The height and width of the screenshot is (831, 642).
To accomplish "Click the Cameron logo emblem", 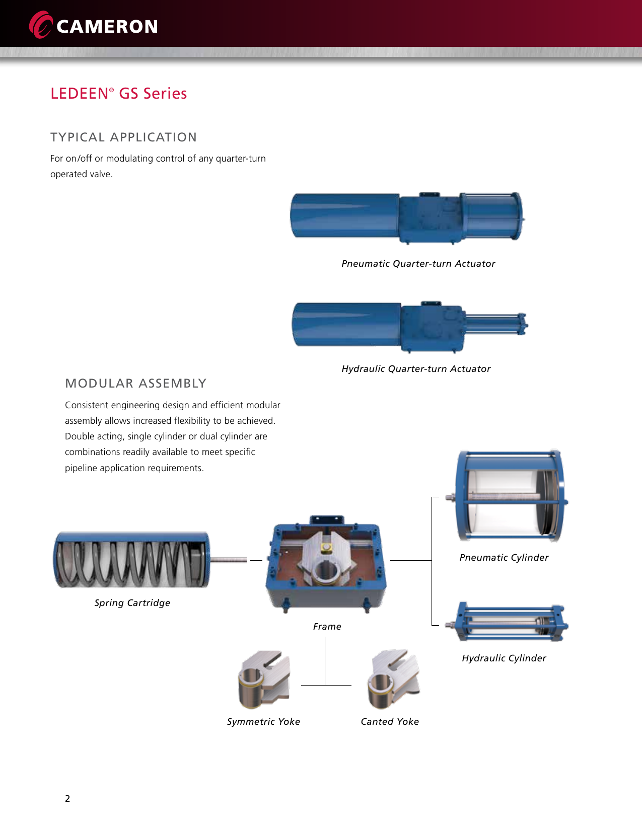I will click(x=41, y=25).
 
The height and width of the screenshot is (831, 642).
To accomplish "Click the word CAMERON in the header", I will click(x=107, y=27).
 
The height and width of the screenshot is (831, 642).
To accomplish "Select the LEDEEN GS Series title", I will click(x=119, y=94).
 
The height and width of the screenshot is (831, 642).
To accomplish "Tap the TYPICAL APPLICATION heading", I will click(x=123, y=137).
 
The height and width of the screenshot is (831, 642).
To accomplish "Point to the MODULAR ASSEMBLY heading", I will click(x=136, y=384).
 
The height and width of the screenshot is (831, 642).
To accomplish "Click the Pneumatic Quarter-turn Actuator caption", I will click(x=418, y=264).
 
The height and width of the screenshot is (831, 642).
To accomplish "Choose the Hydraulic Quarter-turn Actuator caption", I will click(x=416, y=369).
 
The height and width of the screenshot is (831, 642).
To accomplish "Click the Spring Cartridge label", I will click(x=132, y=603).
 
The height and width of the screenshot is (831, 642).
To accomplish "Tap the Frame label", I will click(x=327, y=627).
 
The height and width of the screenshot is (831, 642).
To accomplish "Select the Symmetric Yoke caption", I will click(x=263, y=722).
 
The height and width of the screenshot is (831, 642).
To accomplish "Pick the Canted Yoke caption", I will click(x=390, y=722).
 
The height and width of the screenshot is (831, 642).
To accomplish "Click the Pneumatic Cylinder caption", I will click(x=504, y=558).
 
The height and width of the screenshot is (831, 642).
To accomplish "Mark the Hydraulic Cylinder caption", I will click(x=504, y=658).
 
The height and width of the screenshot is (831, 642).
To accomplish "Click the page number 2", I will click(x=67, y=799).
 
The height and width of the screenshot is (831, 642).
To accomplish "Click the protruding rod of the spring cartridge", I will click(x=229, y=560).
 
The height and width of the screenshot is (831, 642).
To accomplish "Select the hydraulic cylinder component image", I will click(x=509, y=623).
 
